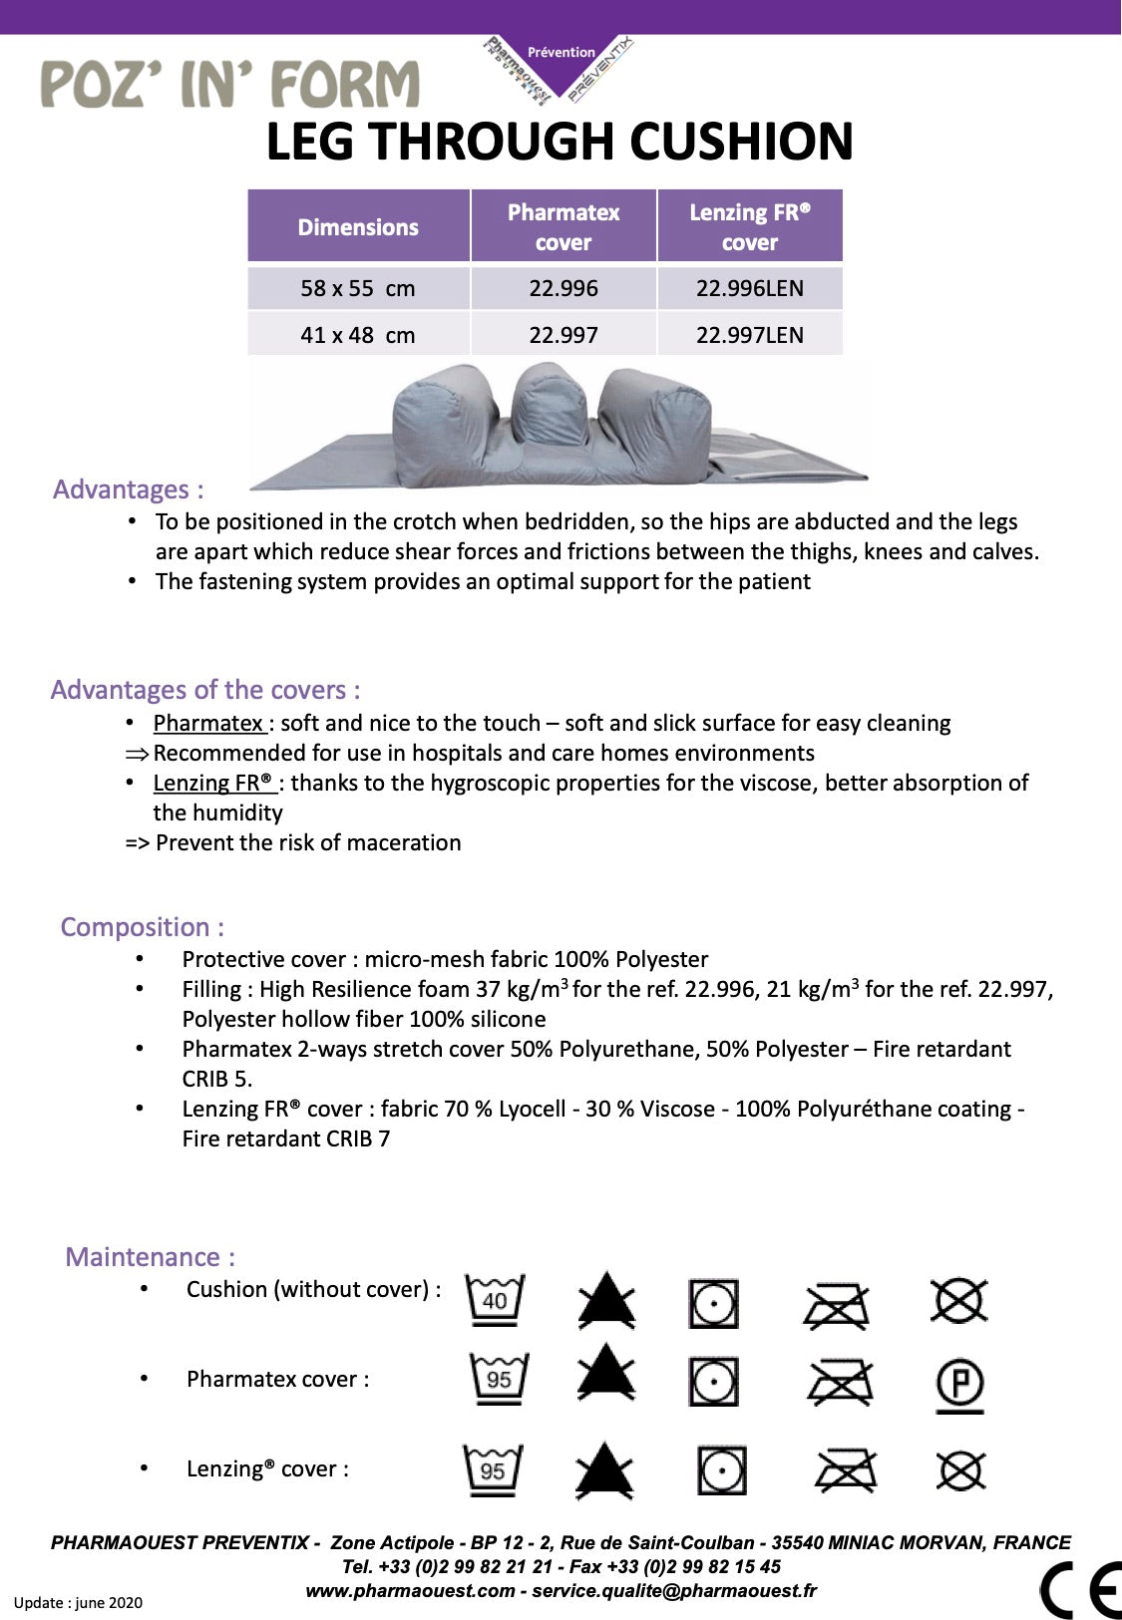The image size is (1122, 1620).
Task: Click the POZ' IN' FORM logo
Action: tap(229, 85)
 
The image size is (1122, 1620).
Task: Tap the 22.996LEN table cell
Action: tap(749, 288)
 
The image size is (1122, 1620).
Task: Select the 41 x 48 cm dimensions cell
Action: tap(357, 335)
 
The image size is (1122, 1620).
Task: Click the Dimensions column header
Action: tap(358, 227)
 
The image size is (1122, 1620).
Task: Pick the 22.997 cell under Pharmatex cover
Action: tap(563, 335)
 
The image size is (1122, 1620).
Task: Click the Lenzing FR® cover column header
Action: tap(749, 227)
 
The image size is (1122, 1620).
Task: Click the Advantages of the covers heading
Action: tap(205, 690)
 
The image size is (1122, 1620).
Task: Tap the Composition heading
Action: tap(142, 927)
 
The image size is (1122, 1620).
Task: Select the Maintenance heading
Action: tap(150, 1257)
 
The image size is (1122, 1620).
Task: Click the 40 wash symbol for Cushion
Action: tap(495, 1300)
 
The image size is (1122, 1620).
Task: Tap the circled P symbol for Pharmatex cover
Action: tap(959, 1385)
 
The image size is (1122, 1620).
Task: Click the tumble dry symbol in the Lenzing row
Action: tap(721, 1470)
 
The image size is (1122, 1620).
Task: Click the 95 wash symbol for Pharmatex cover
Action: tap(499, 1380)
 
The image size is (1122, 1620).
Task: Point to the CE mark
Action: tap(1080, 1589)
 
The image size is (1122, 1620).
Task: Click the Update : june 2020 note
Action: tap(78, 1603)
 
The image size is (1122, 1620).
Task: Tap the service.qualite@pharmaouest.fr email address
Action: tap(673, 1591)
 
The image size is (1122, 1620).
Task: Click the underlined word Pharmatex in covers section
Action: tap(207, 723)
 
